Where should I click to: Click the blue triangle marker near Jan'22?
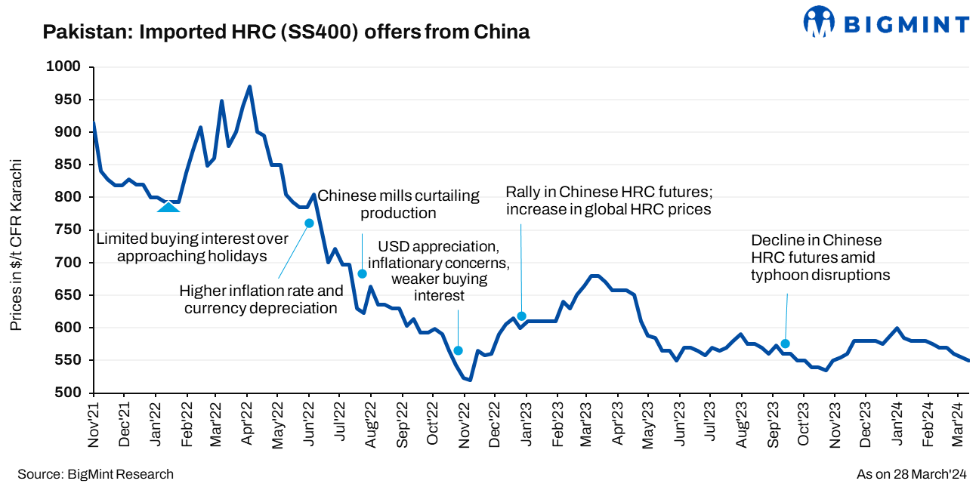(x=168, y=206)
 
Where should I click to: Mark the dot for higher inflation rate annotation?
(x=309, y=223)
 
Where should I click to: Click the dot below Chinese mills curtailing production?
(x=362, y=274)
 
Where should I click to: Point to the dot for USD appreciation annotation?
(x=458, y=350)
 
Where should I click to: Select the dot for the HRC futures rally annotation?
(x=521, y=316)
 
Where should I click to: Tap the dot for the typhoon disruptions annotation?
(x=785, y=344)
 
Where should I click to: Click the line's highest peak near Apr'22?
(x=249, y=87)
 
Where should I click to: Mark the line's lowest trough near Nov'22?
(x=470, y=380)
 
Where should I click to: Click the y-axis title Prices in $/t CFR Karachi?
(x=16, y=245)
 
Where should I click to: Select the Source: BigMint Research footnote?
(x=95, y=474)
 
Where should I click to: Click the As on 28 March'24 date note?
(x=911, y=474)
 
